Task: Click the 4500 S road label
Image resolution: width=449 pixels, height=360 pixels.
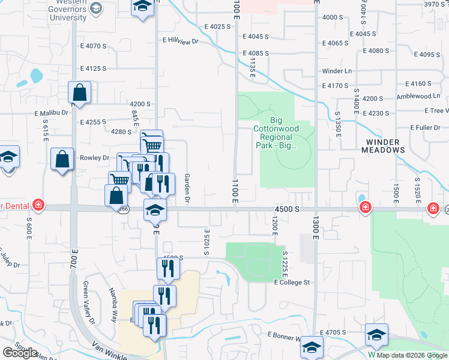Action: pos(286,209)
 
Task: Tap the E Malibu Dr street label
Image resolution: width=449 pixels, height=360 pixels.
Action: pos(52,112)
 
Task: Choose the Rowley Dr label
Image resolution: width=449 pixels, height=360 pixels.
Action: pos(94,158)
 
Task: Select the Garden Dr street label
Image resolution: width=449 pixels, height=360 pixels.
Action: pos(187,187)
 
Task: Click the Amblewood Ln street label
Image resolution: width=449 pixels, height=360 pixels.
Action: pos(418,96)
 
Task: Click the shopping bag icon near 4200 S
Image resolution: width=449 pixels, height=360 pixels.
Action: pos(79,93)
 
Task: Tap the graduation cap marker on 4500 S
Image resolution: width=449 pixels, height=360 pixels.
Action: pos(155,210)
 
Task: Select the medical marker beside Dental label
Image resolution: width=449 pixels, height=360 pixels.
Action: pos(38,205)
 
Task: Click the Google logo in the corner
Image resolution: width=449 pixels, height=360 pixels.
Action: pos(20,353)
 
